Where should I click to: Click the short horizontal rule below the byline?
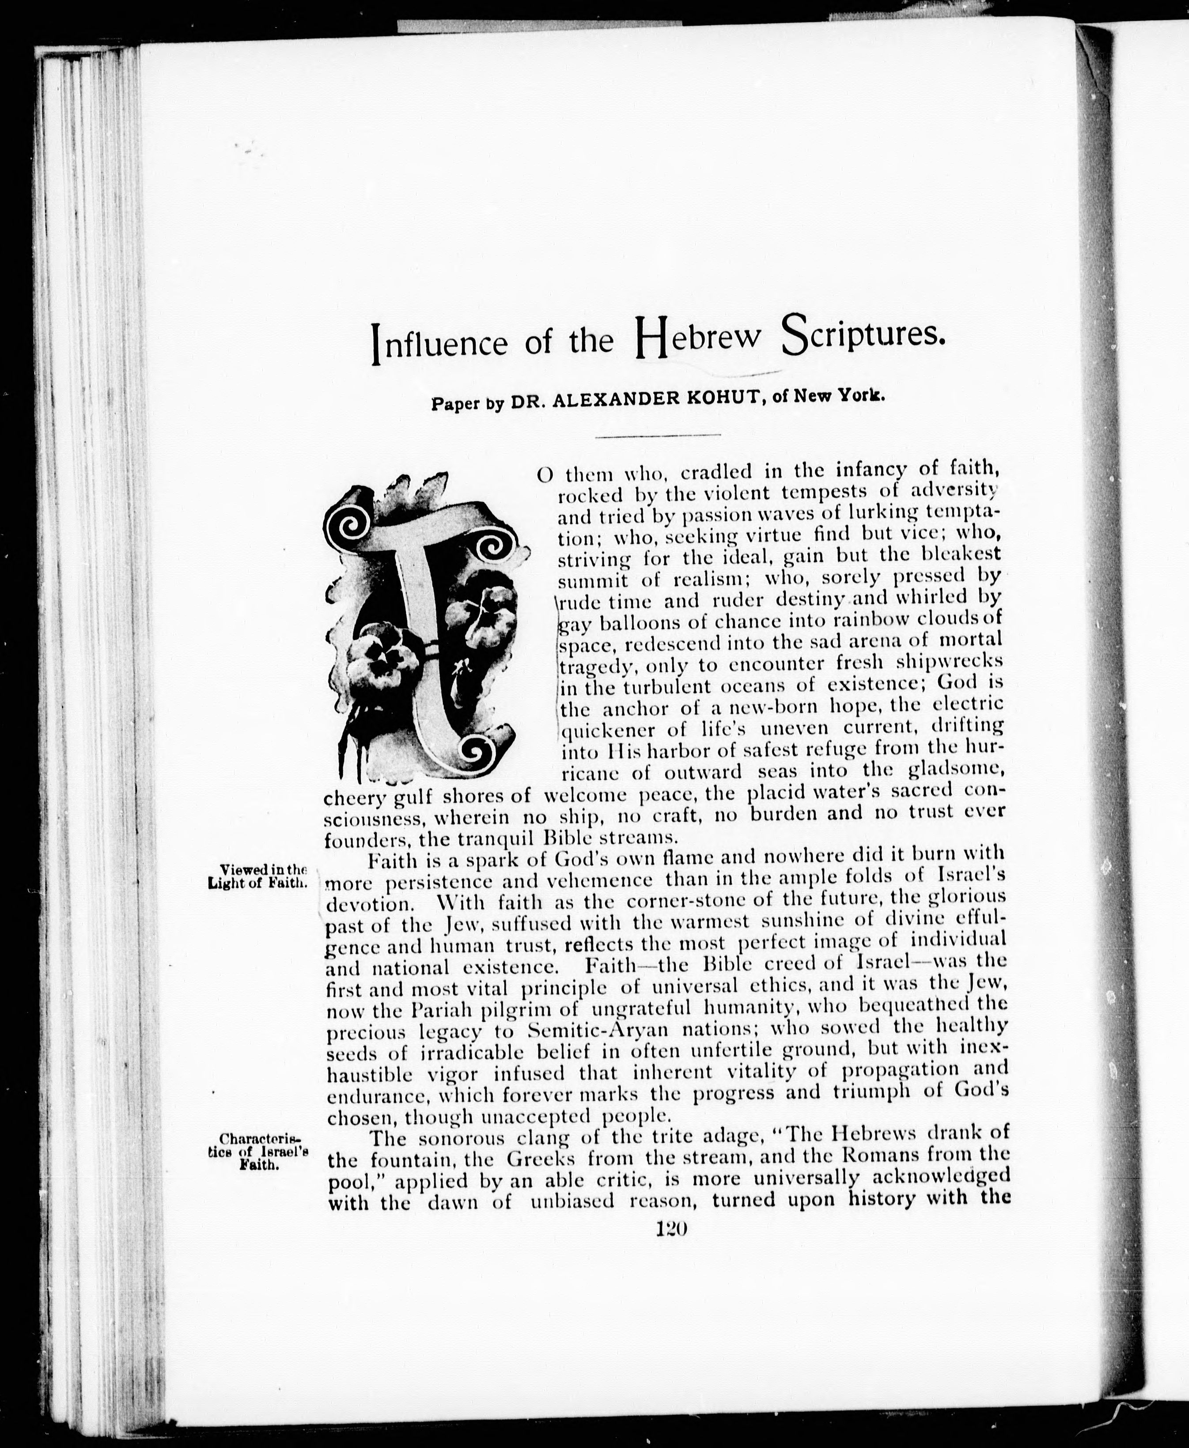658,436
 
